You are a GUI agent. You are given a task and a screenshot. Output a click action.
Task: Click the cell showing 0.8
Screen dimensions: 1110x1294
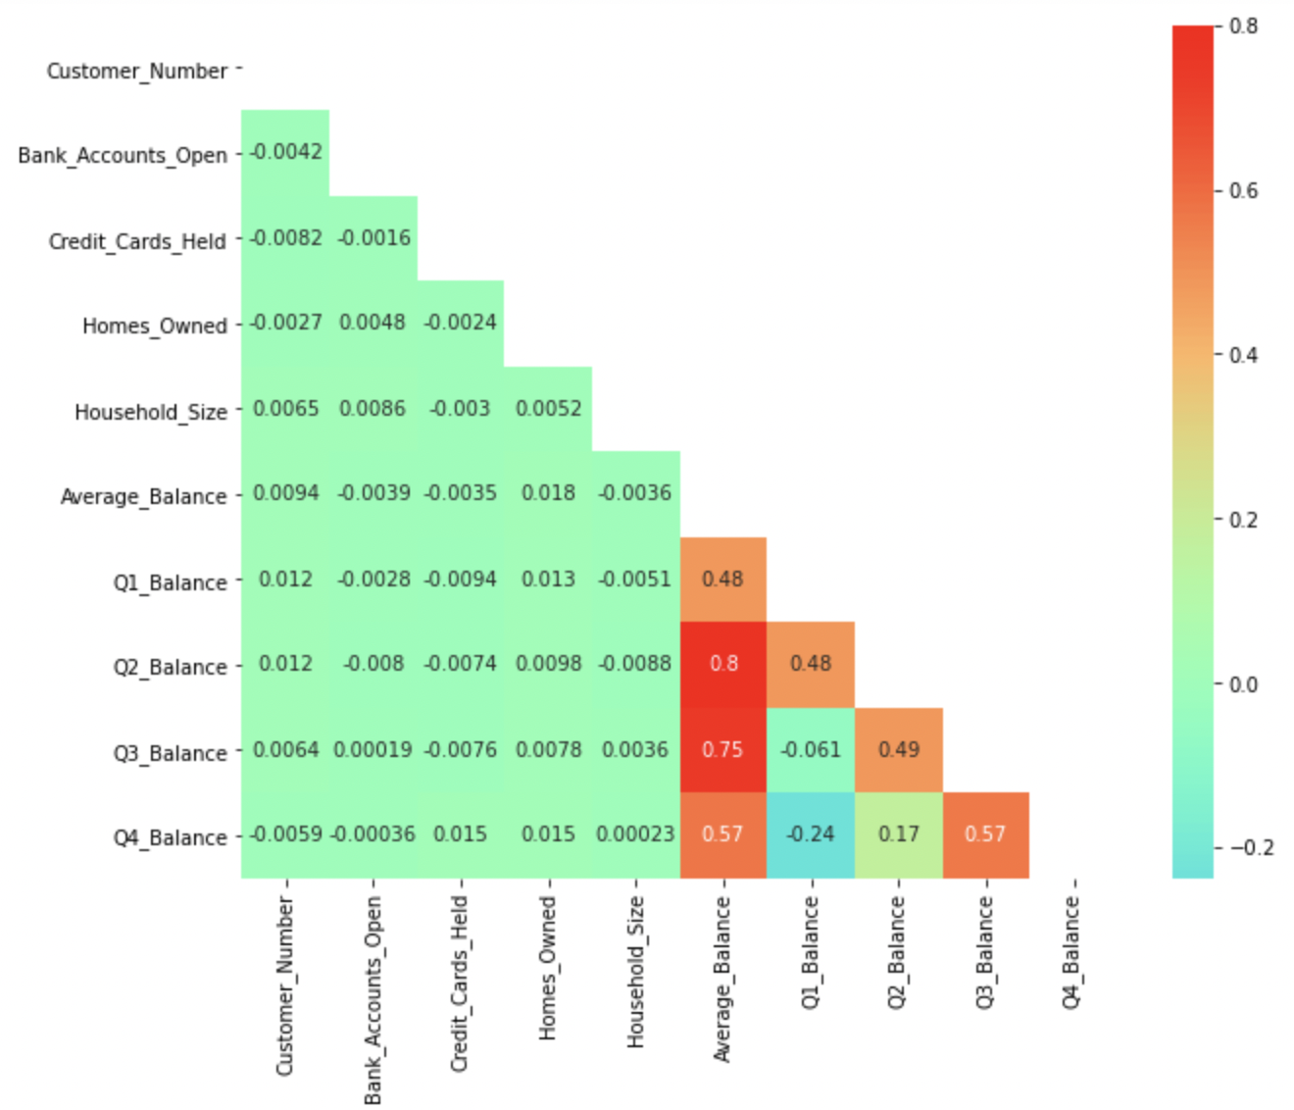(723, 664)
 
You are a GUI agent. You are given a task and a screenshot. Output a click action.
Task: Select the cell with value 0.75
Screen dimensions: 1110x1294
(723, 750)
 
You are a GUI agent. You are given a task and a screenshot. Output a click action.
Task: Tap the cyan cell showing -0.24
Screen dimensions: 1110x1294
(811, 834)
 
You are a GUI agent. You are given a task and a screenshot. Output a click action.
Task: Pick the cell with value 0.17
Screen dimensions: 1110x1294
(898, 834)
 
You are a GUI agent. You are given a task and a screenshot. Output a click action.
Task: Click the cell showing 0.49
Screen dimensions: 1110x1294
(898, 750)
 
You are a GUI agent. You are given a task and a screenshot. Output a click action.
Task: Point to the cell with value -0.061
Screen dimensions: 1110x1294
(811, 750)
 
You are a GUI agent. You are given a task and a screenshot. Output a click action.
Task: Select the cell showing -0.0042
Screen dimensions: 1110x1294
(285, 152)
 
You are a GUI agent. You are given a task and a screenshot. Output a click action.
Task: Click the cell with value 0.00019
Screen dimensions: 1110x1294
(373, 750)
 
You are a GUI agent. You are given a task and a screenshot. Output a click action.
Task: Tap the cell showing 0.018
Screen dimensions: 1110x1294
(548, 493)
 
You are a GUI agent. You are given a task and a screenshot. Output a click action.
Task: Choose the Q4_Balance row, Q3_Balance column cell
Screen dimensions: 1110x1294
(985, 834)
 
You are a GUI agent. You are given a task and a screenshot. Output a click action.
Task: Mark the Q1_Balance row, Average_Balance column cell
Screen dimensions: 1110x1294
(723, 580)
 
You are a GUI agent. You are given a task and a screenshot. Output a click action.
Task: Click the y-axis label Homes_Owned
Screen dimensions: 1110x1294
(155, 327)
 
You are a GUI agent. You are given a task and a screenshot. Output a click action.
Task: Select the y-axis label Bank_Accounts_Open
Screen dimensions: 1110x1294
(123, 156)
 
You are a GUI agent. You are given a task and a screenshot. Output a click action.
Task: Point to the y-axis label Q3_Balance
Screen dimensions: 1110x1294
(170, 754)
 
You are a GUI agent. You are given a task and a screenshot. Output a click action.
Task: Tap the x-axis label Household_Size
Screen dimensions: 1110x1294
(635, 971)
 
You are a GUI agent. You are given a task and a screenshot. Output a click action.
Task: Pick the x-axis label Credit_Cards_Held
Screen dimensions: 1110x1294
(460, 984)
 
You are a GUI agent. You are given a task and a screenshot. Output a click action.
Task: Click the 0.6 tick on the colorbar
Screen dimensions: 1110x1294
(1243, 191)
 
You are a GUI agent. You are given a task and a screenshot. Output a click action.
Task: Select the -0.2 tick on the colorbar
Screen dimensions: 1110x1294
(1251, 848)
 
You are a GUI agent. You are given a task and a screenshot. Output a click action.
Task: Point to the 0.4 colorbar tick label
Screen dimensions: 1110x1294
(1243, 356)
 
